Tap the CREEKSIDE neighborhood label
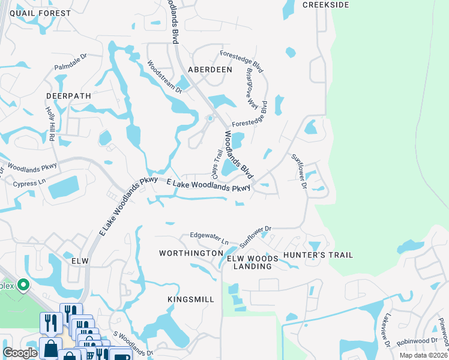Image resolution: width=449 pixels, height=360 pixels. pyautogui.click(x=325, y=5)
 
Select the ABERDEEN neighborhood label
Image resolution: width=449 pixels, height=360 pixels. pyautogui.click(x=210, y=70)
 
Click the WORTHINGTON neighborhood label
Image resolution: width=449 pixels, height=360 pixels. pyautogui.click(x=191, y=254)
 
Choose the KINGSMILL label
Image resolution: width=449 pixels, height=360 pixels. pyautogui.click(x=191, y=298)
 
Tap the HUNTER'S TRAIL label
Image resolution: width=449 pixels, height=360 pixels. pyautogui.click(x=318, y=255)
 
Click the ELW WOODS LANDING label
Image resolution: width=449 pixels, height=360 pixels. pyautogui.click(x=253, y=262)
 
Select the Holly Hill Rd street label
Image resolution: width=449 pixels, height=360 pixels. pyautogui.click(x=50, y=124)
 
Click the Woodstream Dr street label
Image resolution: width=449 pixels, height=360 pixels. pyautogui.click(x=164, y=76)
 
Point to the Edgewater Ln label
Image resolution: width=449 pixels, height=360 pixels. pyautogui.click(x=209, y=238)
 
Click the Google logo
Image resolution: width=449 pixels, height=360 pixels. pyautogui.click(x=20, y=353)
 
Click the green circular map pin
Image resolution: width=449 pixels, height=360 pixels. pyautogui.click(x=23, y=285)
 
